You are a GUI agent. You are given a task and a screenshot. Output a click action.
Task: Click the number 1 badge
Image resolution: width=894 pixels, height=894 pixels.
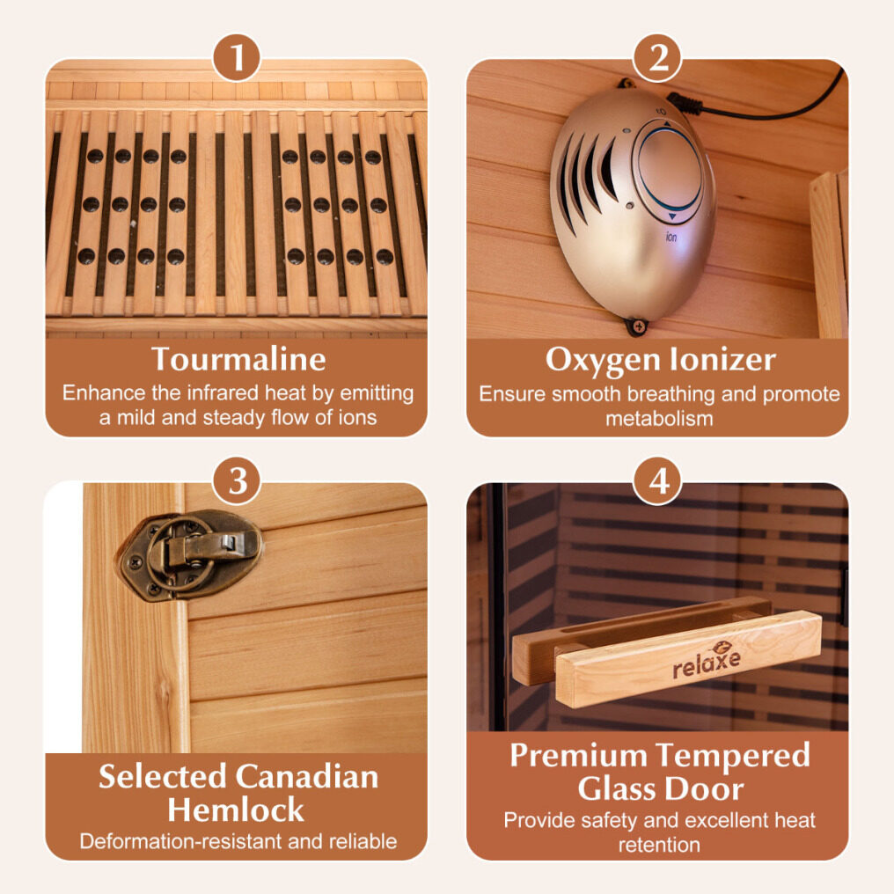pyautogui.click(x=237, y=57)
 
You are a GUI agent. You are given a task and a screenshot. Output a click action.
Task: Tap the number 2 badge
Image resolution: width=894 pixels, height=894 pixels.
pyautogui.click(x=658, y=57)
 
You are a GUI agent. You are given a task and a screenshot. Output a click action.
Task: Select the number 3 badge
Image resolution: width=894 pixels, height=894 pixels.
pyautogui.click(x=237, y=480)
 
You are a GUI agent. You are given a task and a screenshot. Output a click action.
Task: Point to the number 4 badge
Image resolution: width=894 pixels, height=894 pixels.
pyautogui.click(x=658, y=480)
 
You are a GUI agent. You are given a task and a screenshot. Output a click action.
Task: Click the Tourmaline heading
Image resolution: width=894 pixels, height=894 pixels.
pyautogui.click(x=238, y=359)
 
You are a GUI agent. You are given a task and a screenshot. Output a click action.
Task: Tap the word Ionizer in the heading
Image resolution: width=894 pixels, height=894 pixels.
pyautogui.click(x=723, y=359)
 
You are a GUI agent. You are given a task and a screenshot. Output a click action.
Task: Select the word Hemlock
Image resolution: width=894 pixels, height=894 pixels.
pyautogui.click(x=236, y=810)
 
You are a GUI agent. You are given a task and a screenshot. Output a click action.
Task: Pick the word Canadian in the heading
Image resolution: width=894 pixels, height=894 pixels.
pyautogui.click(x=307, y=777)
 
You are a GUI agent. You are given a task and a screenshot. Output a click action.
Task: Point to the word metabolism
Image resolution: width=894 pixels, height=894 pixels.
pyautogui.click(x=659, y=419)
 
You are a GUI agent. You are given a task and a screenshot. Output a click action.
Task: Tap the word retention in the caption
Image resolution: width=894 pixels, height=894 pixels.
pyautogui.click(x=660, y=845)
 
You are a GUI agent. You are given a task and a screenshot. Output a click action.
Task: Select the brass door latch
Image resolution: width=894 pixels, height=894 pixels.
pyautogui.click(x=190, y=554)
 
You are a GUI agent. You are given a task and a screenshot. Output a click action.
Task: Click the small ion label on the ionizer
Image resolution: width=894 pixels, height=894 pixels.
pyautogui.click(x=671, y=236)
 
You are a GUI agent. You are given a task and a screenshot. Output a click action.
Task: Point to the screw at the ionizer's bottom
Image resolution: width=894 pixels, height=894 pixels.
pyautogui.click(x=637, y=326)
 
